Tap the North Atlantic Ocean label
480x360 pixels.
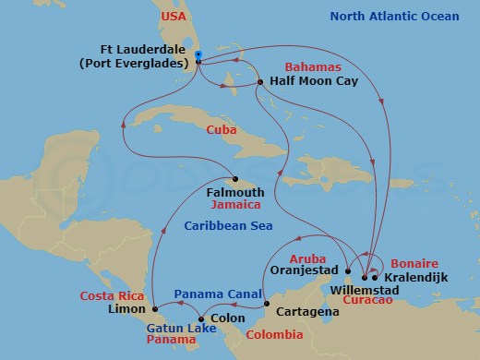click(x=407, y=16)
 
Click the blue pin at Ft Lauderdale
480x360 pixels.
click(x=198, y=56)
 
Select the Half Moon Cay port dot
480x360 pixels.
click(x=261, y=83)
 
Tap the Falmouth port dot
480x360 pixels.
click(x=234, y=179)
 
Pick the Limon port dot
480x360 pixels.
click(x=154, y=307)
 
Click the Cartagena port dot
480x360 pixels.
click(x=266, y=305)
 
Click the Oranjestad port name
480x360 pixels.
click(x=306, y=272)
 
